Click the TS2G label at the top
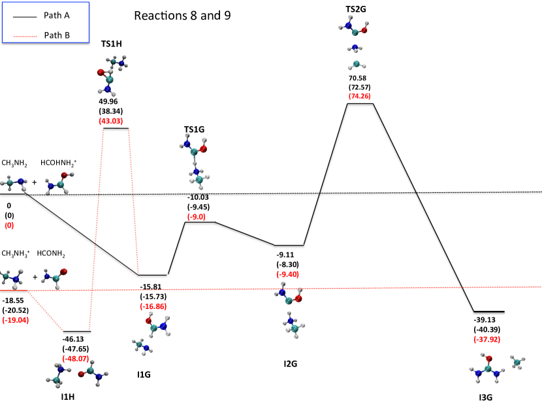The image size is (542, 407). coord(355,9)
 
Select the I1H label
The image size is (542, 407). coord(69,396)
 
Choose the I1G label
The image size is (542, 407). coord(144,374)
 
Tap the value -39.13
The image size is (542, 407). coord(488,321)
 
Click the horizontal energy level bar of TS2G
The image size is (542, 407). coord(359,103)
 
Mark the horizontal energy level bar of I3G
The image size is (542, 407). coord(488,312)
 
